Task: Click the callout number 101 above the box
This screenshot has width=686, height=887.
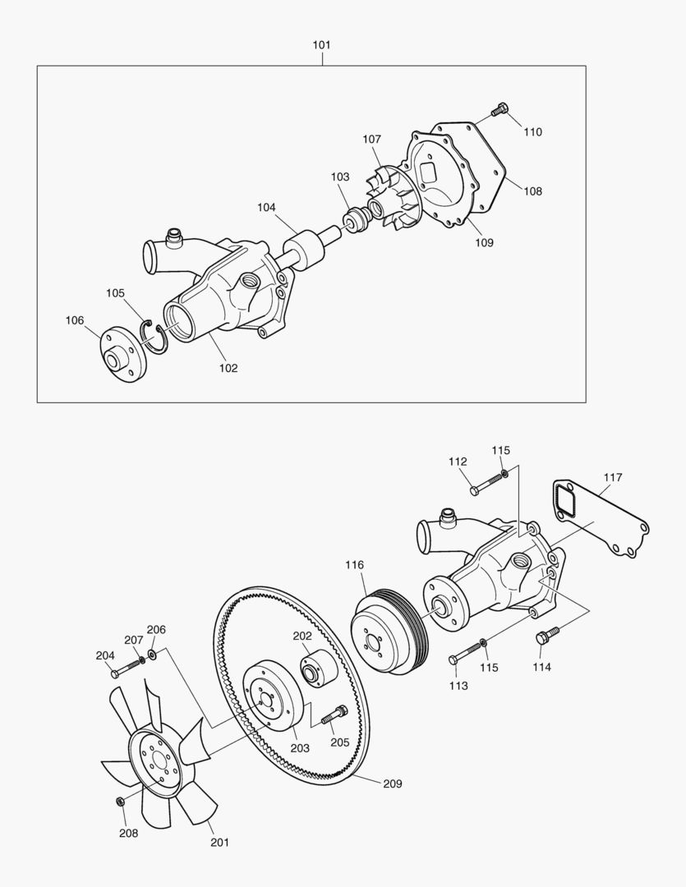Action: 321,45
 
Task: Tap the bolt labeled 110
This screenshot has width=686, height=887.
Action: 500,109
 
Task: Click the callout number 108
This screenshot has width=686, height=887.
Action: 532,191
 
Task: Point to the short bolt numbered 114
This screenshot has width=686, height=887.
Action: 547,635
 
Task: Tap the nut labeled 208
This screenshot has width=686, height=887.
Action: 120,801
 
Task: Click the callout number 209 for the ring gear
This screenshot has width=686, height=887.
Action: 392,784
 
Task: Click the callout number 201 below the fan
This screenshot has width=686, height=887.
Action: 219,842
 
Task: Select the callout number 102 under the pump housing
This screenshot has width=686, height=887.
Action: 228,368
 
